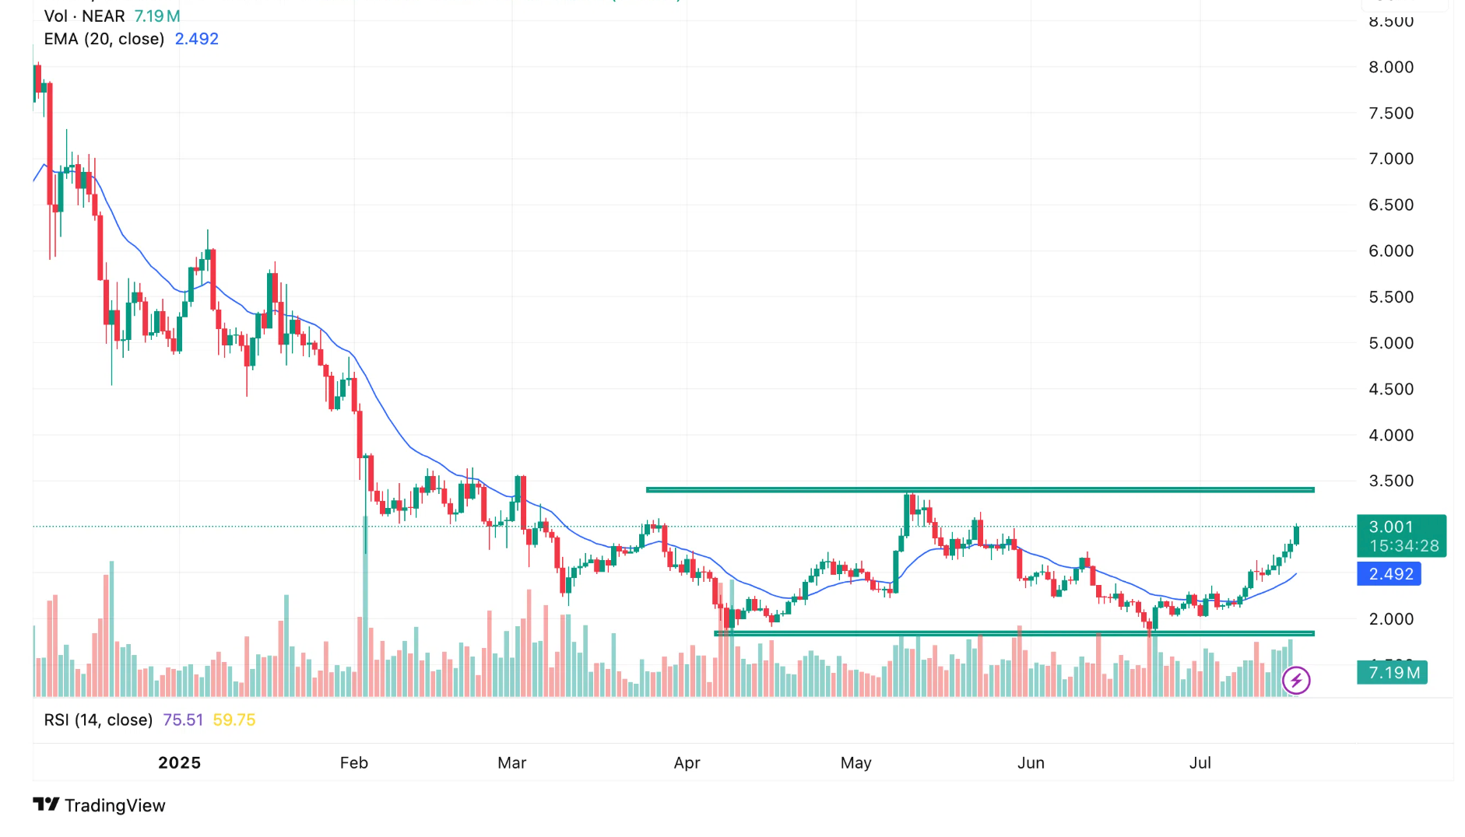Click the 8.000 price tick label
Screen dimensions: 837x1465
1390,68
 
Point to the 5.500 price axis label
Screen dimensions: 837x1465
1390,297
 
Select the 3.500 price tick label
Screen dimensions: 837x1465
1390,482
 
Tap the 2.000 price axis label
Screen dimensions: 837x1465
1390,619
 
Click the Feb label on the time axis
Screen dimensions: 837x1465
353,763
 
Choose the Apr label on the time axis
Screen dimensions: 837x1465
687,763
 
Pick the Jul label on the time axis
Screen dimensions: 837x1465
1200,763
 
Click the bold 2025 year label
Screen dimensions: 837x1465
179,763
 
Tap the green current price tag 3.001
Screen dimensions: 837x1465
1390,527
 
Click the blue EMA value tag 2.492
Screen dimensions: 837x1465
1390,574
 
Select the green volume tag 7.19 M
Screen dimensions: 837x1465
1393,673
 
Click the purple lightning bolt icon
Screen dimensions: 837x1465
1296,681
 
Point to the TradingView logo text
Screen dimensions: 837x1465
114,806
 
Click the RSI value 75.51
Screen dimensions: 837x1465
183,720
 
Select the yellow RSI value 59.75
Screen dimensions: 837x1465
234,720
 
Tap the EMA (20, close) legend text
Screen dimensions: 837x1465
104,39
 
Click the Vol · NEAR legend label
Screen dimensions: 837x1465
84,16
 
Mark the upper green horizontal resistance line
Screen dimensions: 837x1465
979,490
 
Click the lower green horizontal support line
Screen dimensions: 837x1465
1014,634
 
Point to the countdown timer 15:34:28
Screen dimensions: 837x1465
1404,546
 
